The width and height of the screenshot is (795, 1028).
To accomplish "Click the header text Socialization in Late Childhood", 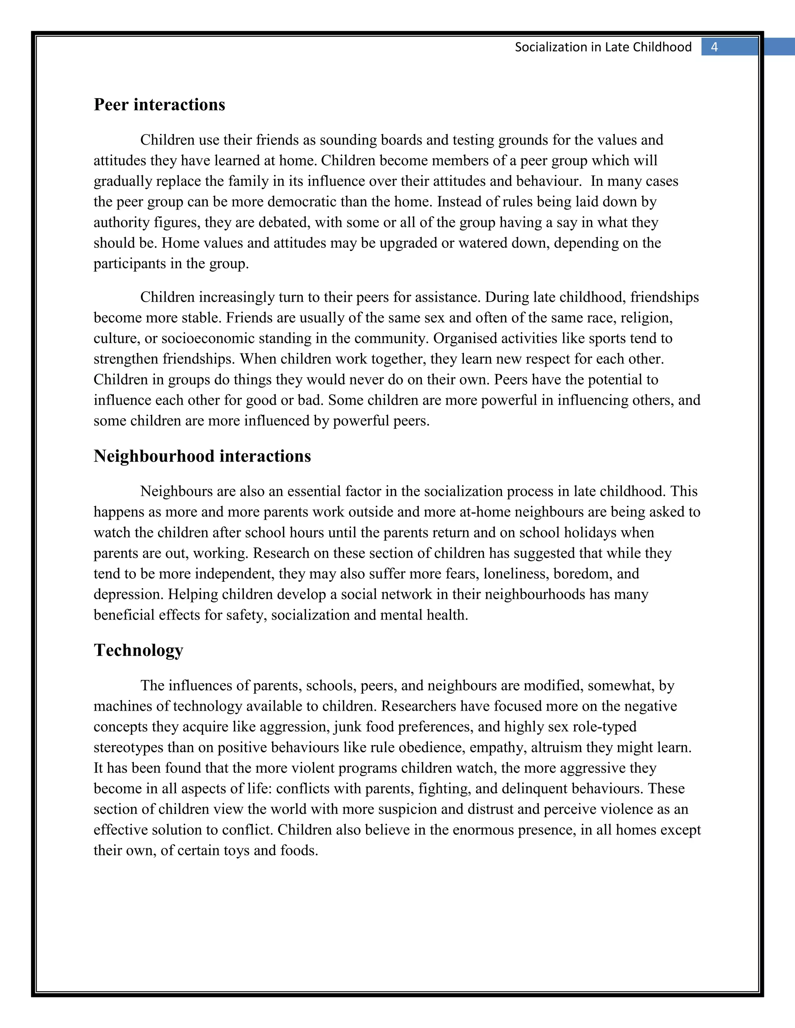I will point(603,47).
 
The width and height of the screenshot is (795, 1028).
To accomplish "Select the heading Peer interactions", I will point(159,104).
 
